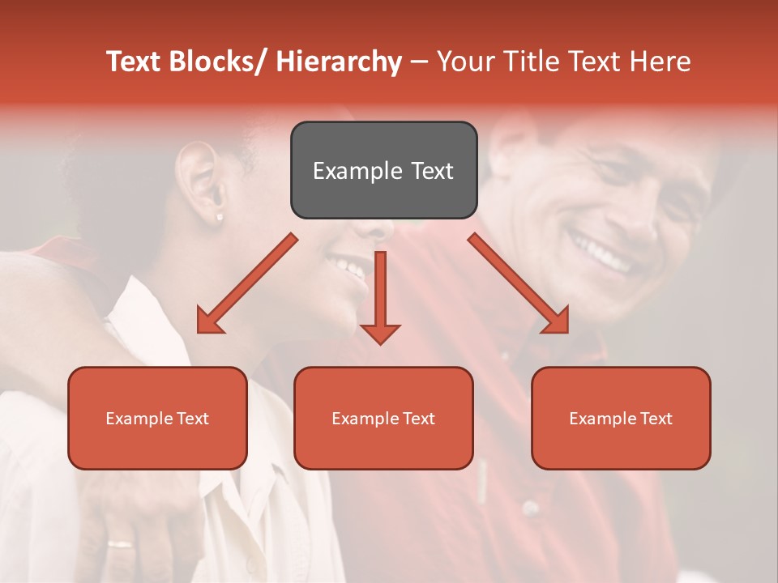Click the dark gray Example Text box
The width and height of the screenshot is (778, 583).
coord(383,170)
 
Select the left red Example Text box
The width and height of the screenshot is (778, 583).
coord(157,418)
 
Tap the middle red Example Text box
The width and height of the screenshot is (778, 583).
coord(383,418)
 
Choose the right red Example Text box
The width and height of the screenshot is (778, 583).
coord(621,418)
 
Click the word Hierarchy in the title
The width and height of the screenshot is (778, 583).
coord(339,62)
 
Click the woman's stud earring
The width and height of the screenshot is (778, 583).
coord(220,217)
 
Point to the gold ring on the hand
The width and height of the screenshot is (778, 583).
coord(122,544)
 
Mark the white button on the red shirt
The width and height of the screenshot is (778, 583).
coord(530,509)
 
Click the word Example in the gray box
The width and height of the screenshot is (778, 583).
coord(346,171)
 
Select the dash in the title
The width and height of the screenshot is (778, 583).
coord(419,62)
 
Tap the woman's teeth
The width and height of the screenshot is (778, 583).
coord(347,264)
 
